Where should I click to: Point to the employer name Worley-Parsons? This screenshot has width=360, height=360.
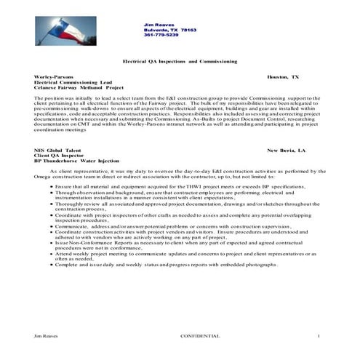click(53, 76)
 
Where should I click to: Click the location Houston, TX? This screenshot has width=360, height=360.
click(282, 76)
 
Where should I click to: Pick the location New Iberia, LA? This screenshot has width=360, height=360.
click(287, 149)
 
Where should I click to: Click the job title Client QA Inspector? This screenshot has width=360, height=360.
click(57, 155)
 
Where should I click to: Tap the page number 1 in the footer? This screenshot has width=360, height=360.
click(319, 335)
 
